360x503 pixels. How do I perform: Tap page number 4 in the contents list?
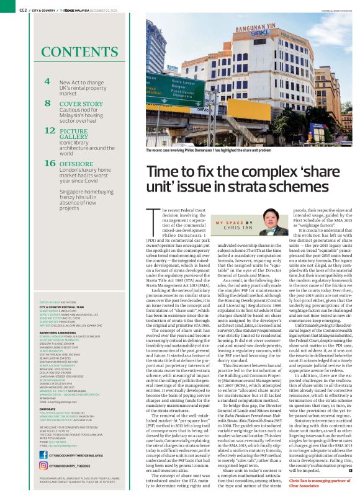[x=47, y=81]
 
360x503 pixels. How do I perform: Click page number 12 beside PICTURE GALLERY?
[x=50, y=131]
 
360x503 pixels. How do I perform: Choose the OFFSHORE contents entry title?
[x=76, y=163]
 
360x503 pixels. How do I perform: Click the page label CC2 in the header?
[x=22, y=10]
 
